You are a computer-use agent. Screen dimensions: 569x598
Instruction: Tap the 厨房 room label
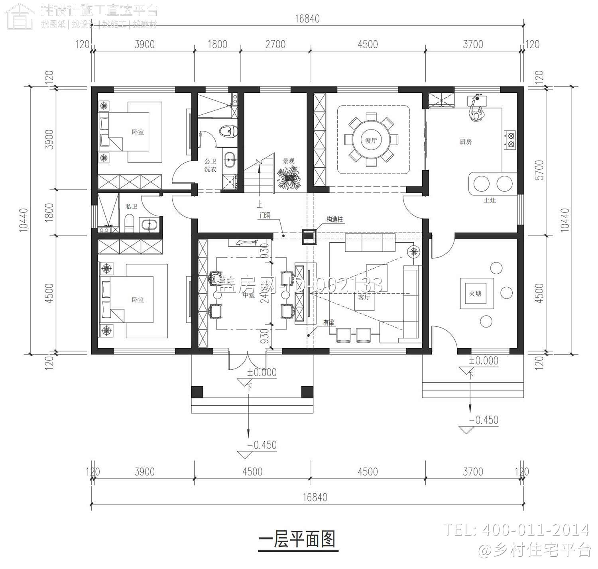point(466,141)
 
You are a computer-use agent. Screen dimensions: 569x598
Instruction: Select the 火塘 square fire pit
point(477,294)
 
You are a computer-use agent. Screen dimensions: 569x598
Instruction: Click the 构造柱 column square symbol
point(309,236)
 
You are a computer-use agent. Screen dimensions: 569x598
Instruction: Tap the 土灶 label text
point(490,200)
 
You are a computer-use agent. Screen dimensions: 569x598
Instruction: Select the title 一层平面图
point(297,540)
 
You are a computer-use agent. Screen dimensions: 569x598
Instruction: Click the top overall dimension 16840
point(307,19)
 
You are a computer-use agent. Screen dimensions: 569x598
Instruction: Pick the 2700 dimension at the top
point(275,44)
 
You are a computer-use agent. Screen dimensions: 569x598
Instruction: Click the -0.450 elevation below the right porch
point(484,420)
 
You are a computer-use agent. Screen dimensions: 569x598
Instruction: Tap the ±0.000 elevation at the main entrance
point(262,373)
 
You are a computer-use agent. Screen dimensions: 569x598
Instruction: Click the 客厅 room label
point(364,297)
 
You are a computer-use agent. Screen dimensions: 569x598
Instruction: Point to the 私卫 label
point(131,206)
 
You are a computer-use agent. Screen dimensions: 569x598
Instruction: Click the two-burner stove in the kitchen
point(510,140)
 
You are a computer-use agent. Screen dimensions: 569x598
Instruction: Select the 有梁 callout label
point(329,323)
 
